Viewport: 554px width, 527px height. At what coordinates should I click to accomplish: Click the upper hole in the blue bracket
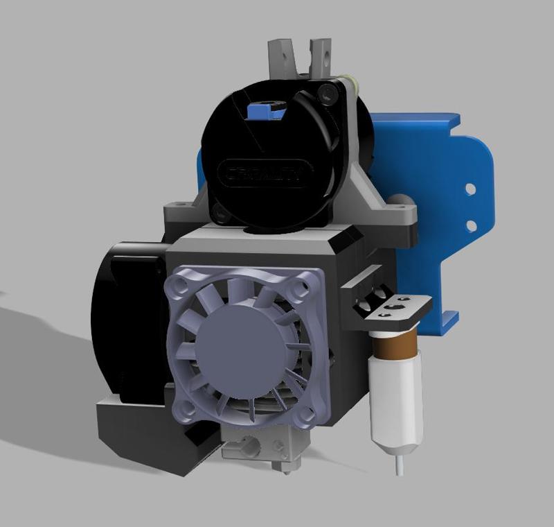pos(470,188)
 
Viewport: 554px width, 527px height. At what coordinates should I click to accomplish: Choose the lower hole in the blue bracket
pos(471,225)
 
